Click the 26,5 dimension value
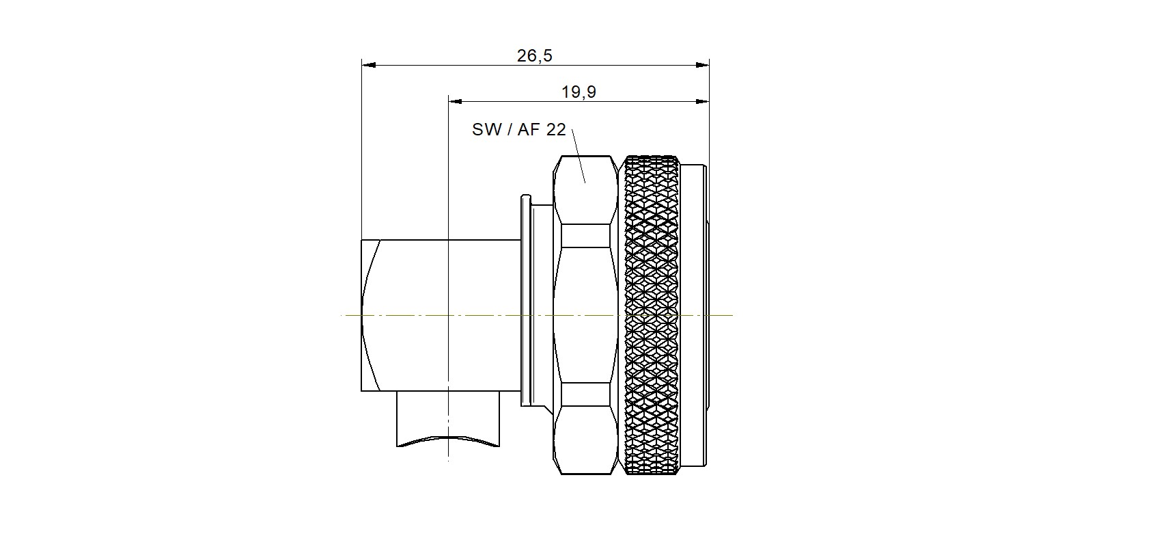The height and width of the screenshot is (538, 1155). pos(534,55)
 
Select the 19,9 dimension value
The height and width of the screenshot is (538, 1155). pos(579,92)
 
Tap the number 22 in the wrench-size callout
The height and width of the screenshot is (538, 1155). pos(556,129)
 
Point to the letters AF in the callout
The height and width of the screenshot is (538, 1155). pos(529,129)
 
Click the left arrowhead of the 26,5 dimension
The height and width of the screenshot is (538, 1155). pos(368,65)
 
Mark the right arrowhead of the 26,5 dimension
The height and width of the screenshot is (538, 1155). pos(702,65)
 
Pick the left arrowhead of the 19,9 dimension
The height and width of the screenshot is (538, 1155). pos(456,102)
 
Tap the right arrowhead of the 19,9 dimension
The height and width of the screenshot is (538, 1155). pos(702,102)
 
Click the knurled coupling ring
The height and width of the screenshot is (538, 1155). pos(652,314)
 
